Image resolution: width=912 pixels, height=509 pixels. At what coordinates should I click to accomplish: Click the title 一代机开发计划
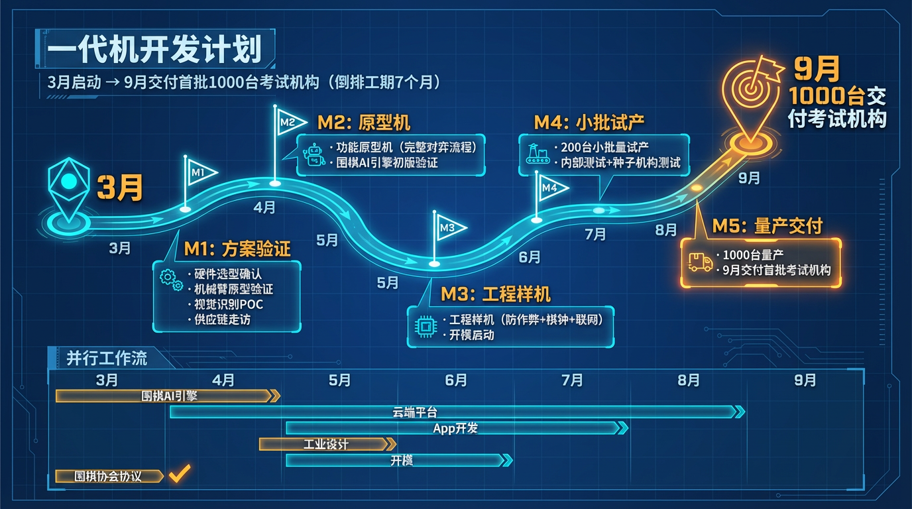click(154, 50)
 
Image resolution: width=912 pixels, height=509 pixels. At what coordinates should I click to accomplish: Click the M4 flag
click(551, 188)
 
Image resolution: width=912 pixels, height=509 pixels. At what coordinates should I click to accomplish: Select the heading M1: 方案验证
click(237, 249)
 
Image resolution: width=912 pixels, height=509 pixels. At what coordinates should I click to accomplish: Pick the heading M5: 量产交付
click(767, 226)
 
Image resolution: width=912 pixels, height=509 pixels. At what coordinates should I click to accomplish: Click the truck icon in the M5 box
click(700, 262)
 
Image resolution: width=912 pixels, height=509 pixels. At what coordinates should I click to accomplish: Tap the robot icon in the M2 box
click(313, 154)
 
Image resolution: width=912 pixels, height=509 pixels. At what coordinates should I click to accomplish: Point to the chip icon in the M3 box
click(422, 327)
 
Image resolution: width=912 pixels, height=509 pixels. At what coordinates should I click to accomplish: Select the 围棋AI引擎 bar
click(168, 396)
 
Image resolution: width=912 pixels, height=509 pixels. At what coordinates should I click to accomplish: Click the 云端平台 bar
click(457, 412)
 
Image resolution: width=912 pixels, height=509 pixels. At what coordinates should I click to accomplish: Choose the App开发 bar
click(456, 428)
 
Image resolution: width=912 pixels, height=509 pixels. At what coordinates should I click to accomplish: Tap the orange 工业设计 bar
click(327, 444)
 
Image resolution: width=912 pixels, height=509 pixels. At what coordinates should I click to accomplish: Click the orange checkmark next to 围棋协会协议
click(179, 475)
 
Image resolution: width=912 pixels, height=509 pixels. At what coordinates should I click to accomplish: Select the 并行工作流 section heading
click(107, 358)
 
